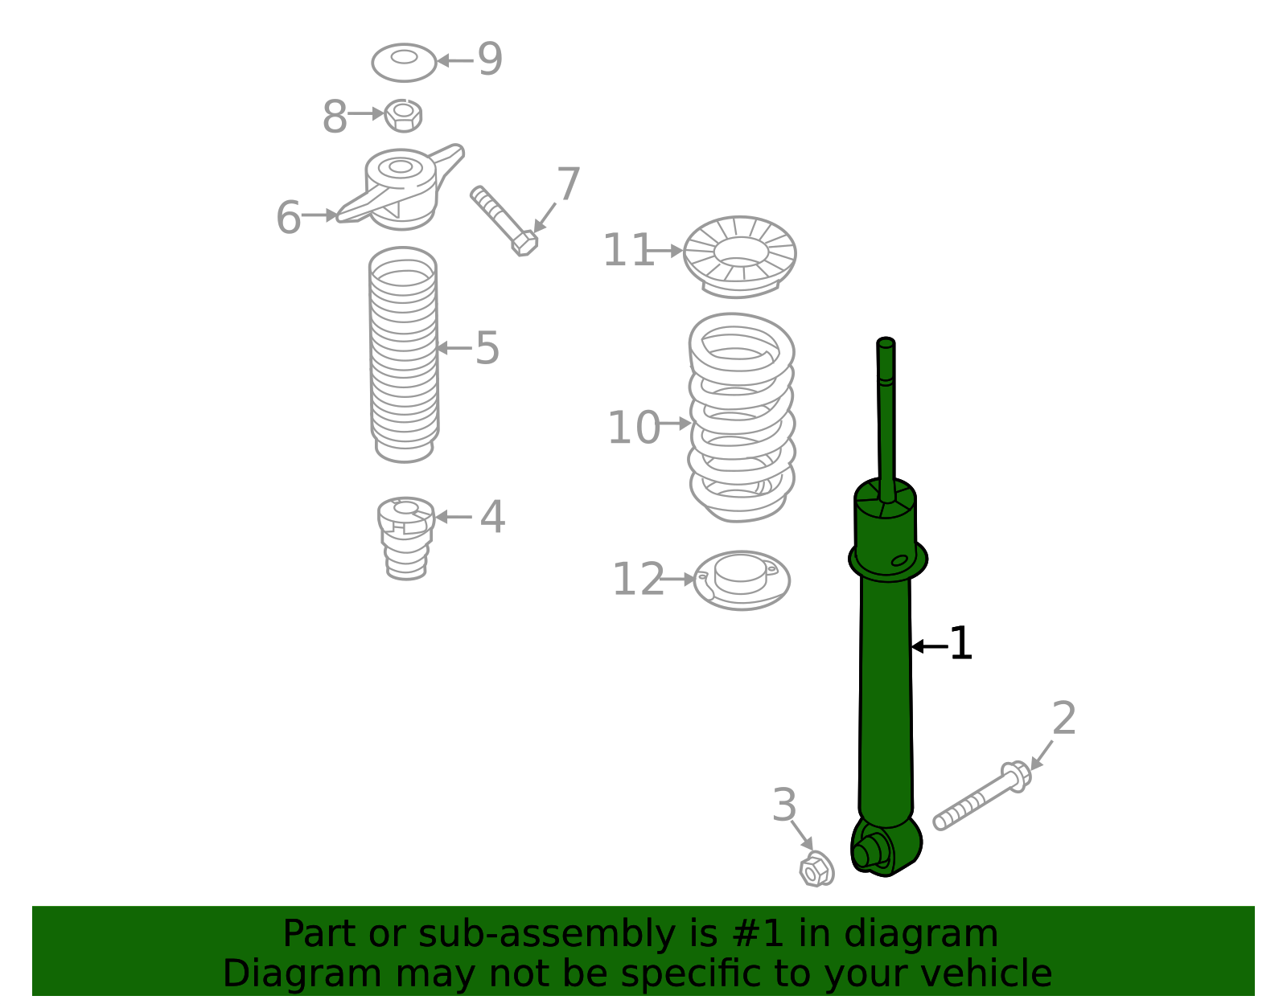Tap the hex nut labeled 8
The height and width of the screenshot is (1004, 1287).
[403, 115]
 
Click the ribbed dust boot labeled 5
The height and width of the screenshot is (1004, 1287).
[404, 354]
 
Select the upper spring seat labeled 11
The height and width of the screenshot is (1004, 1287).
[739, 256]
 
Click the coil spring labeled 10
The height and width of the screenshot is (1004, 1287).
[741, 416]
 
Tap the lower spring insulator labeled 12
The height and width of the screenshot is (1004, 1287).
[741, 580]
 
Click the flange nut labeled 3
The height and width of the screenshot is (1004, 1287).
[816, 869]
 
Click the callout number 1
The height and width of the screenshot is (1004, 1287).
[960, 645]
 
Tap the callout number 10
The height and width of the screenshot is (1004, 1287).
[633, 428]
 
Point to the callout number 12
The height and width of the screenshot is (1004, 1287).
[638, 580]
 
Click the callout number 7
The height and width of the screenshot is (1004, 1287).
[568, 185]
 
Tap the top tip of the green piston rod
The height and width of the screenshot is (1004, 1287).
[886, 343]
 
